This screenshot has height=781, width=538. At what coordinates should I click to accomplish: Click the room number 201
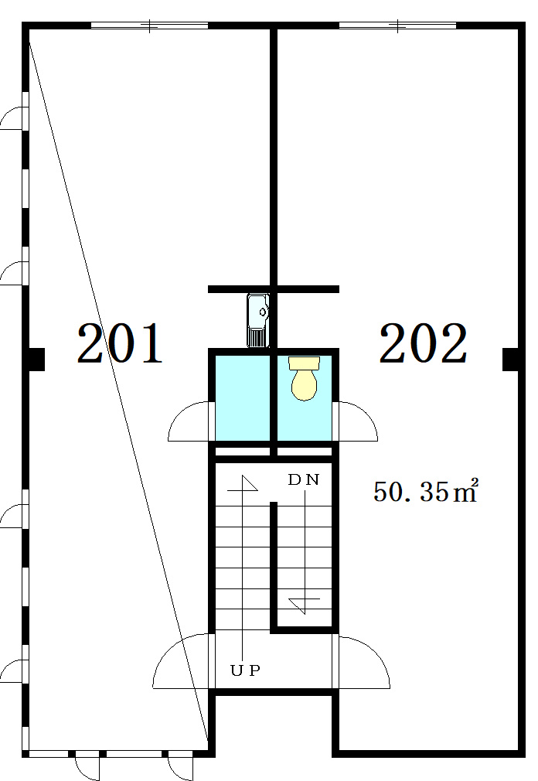pos(120,343)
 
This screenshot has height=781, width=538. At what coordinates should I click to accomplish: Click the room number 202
pos(424,343)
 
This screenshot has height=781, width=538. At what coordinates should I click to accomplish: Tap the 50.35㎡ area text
pos(425,491)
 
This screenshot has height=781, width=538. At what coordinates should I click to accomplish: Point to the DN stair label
pos(304,479)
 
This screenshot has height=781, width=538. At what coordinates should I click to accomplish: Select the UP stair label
pos(245,670)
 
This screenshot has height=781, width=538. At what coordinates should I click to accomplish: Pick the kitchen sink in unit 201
pos(258,320)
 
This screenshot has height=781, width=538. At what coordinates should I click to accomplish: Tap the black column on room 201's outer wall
pos(34,360)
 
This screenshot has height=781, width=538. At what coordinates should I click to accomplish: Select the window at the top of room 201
pos(149,26)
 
